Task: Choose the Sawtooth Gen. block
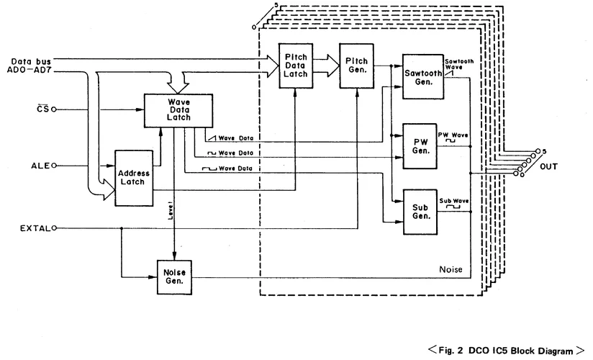click(422, 72)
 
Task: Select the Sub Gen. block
click(421, 211)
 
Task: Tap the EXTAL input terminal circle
click(53, 230)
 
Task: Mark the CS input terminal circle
click(54, 110)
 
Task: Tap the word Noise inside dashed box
click(450, 269)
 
